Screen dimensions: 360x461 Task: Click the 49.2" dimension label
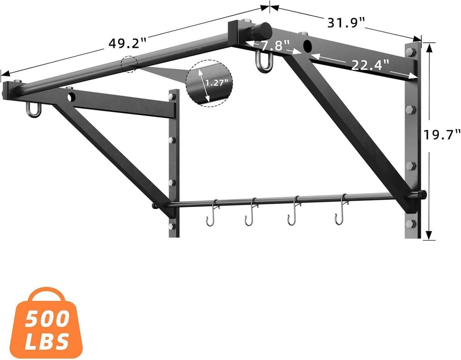128,43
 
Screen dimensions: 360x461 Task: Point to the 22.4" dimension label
370,65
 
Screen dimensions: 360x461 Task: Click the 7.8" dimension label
275,46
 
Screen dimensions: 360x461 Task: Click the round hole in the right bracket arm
307,46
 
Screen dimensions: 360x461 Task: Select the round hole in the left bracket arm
71,97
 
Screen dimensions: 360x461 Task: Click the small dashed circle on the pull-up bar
130,64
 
